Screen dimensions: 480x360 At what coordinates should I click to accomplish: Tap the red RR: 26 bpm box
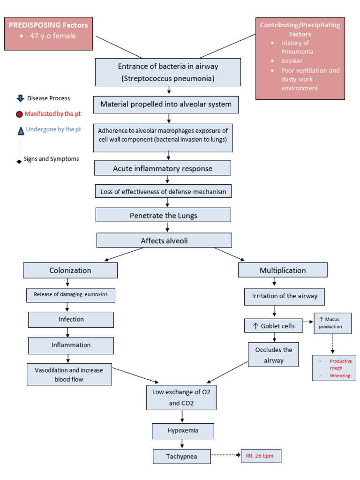260,456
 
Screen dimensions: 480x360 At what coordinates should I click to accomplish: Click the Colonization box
70,270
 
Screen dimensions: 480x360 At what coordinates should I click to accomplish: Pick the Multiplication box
283,270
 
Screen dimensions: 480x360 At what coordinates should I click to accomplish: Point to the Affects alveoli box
164,240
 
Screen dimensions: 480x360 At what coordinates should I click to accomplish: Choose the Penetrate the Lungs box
163,215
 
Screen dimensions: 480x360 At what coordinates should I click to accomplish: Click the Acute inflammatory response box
163,168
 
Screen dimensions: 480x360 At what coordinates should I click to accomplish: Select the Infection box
71,319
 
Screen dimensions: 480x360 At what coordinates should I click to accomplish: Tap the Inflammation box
71,345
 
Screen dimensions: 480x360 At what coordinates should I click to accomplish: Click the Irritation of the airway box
284,296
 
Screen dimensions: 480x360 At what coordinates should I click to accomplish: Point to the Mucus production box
332,323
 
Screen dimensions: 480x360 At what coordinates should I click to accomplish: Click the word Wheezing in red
340,375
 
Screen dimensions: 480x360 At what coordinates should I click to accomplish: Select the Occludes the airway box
273,355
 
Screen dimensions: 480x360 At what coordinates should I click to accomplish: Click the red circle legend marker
19,114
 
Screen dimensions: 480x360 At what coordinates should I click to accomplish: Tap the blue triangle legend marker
20,130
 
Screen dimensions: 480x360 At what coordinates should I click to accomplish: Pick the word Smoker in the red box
292,61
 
